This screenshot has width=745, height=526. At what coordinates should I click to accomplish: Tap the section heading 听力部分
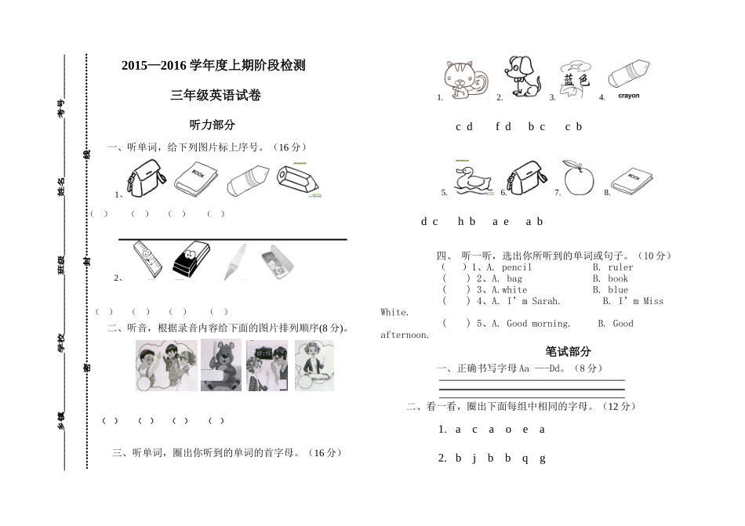coord(213,125)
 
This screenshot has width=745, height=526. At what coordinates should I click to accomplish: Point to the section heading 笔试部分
coord(569,352)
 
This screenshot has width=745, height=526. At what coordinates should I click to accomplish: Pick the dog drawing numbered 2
coord(522,78)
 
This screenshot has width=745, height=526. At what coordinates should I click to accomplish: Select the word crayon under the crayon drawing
coord(629,96)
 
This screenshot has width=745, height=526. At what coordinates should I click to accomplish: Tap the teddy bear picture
coord(221,365)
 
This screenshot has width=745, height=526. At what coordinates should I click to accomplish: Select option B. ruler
coord(612,267)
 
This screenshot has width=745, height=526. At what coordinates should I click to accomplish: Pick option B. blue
coord(610,290)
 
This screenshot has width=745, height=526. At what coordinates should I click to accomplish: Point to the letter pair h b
coord(467,222)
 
